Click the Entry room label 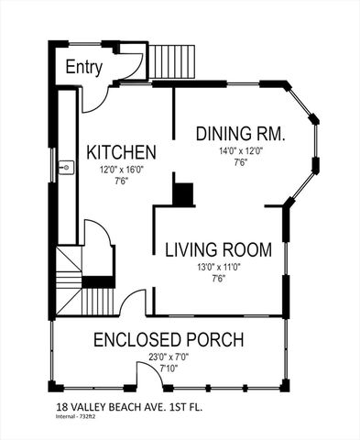83,69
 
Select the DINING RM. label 241,133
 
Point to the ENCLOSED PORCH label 169,340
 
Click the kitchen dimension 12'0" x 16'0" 121,170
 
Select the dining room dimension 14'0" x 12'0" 239,150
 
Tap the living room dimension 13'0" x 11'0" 218,267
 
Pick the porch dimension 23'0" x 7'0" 169,357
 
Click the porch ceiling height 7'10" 169,368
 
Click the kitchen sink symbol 65,168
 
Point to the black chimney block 184,194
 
